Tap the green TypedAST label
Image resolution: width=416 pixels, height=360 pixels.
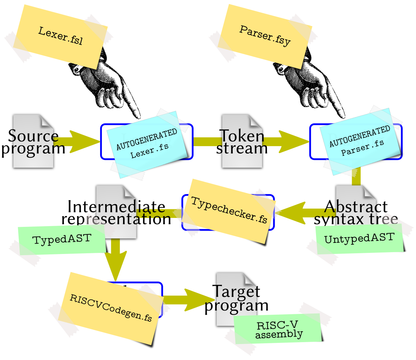pyautogui.click(x=62, y=239)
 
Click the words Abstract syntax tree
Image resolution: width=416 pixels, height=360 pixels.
pyautogui.click(x=355, y=212)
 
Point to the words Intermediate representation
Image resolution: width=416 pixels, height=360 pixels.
pyautogui.click(x=116, y=212)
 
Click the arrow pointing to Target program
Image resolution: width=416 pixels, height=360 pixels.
pyautogui.click(x=188, y=300)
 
